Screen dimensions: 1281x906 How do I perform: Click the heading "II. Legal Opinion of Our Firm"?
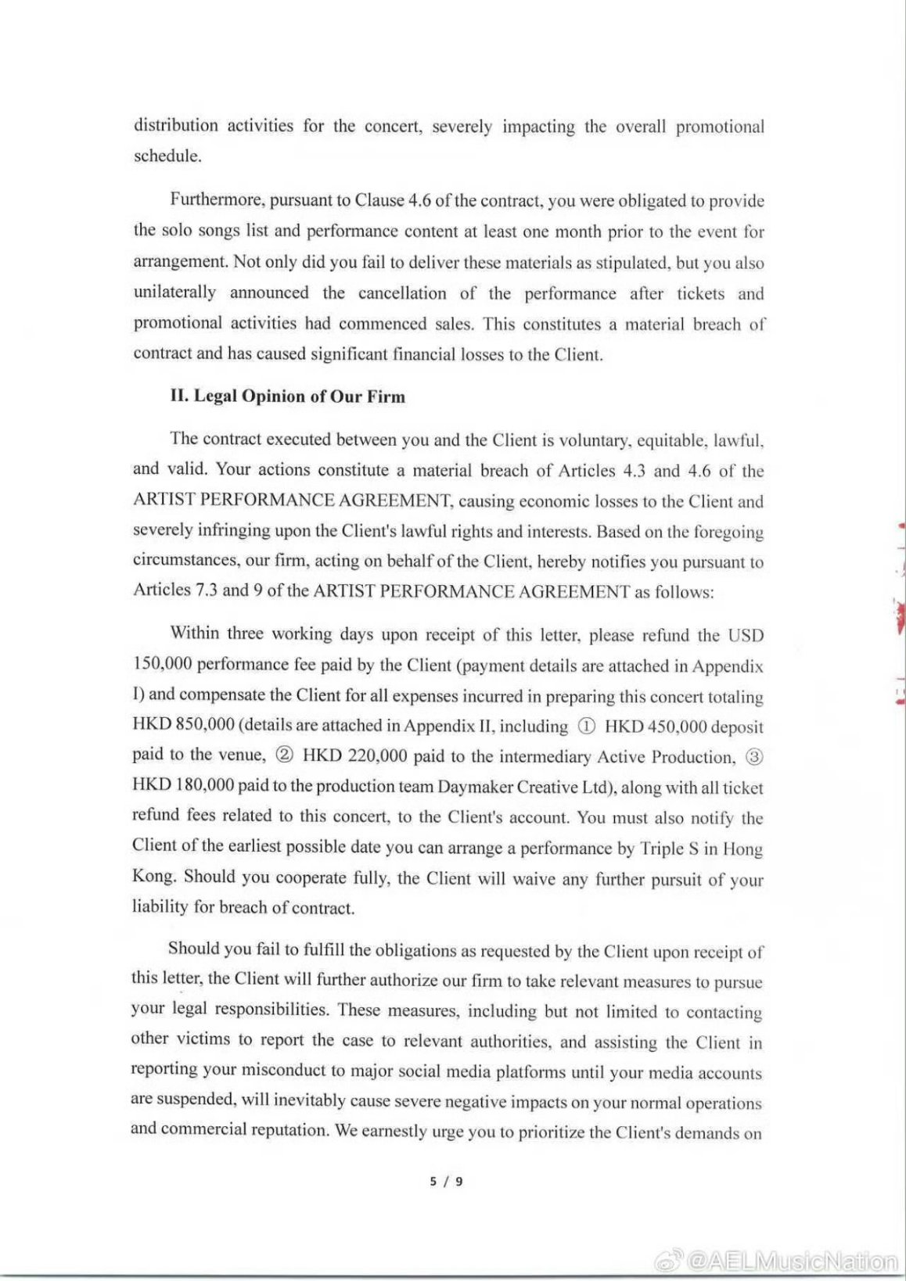click(x=287, y=396)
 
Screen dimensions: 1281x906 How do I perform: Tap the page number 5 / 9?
click(x=446, y=1181)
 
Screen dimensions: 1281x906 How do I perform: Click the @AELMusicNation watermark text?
click(x=792, y=1261)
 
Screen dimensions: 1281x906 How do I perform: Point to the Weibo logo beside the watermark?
click(x=667, y=1261)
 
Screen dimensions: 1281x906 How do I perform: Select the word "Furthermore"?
click(x=217, y=200)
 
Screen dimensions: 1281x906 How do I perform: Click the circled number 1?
click(x=586, y=727)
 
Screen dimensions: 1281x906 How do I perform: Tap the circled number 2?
click(x=285, y=756)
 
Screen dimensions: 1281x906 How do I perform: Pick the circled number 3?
click(x=754, y=756)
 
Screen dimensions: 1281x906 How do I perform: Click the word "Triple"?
click(x=662, y=849)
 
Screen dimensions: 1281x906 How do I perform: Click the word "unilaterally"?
click(x=174, y=292)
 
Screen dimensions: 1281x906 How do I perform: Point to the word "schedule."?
click(x=167, y=156)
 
